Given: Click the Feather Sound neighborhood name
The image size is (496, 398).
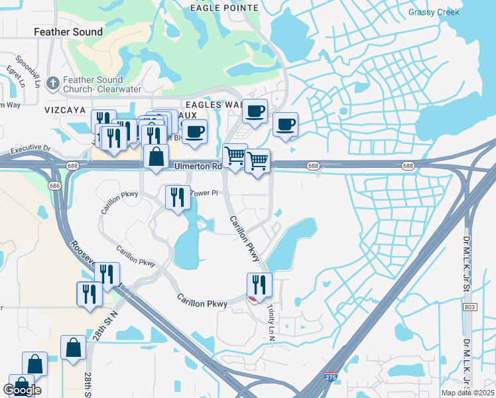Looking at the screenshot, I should click(x=68, y=32).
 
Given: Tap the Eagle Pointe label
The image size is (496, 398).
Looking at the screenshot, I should click(x=214, y=7).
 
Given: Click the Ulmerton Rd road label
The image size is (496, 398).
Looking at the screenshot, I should click(x=198, y=166).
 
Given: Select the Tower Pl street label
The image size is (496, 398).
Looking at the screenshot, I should click(x=204, y=193).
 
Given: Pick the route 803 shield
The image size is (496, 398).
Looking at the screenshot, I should click(x=470, y=307).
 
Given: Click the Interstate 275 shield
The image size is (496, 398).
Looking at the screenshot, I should click(x=330, y=377).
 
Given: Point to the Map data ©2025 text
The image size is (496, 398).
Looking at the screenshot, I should click(x=467, y=393).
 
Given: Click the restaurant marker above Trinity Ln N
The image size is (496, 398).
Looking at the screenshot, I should click(x=259, y=285).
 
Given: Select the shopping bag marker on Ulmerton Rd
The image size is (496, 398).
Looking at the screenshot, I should click(x=156, y=157).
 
